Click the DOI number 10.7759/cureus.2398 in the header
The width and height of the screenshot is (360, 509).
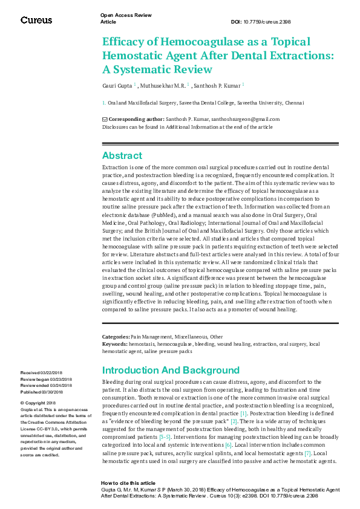(x=269, y=22)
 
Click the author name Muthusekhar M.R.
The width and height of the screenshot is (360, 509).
(x=164, y=86)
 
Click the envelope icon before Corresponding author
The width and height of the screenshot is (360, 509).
(x=105, y=120)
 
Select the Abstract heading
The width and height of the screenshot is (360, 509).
(x=122, y=155)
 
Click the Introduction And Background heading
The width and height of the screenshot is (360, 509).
(x=171, y=370)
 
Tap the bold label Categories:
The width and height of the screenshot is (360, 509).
(x=115, y=336)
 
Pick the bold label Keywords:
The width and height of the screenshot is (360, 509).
(x=114, y=343)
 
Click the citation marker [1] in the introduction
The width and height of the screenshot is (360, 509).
(x=243, y=413)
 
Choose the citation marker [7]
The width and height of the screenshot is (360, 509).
(x=307, y=453)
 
